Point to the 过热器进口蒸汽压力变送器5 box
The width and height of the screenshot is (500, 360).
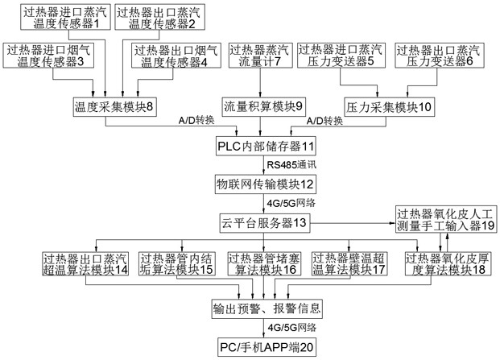338,59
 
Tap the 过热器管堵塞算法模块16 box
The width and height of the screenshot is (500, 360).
264,263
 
